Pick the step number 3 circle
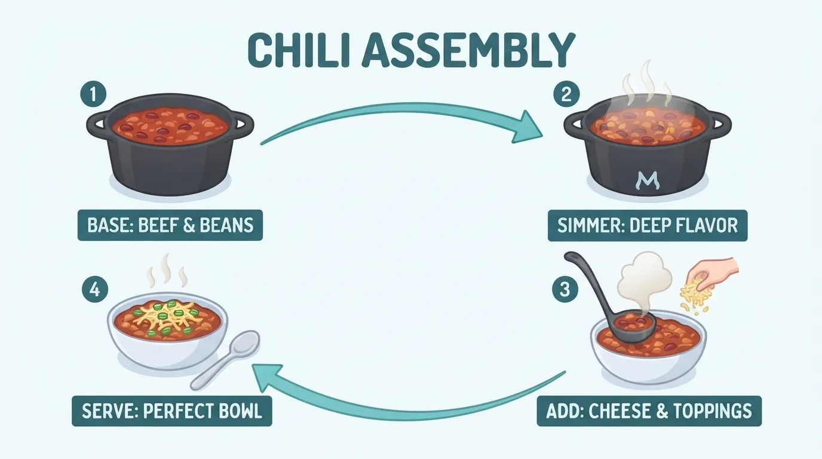(565, 289)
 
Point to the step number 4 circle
(95, 289)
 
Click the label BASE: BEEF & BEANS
(170, 225)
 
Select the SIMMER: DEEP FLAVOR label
(648, 225)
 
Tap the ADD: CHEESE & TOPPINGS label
(649, 411)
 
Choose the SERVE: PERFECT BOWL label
(171, 411)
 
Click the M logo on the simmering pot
(647, 180)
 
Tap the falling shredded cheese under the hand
(694, 298)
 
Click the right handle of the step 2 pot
(719, 124)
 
